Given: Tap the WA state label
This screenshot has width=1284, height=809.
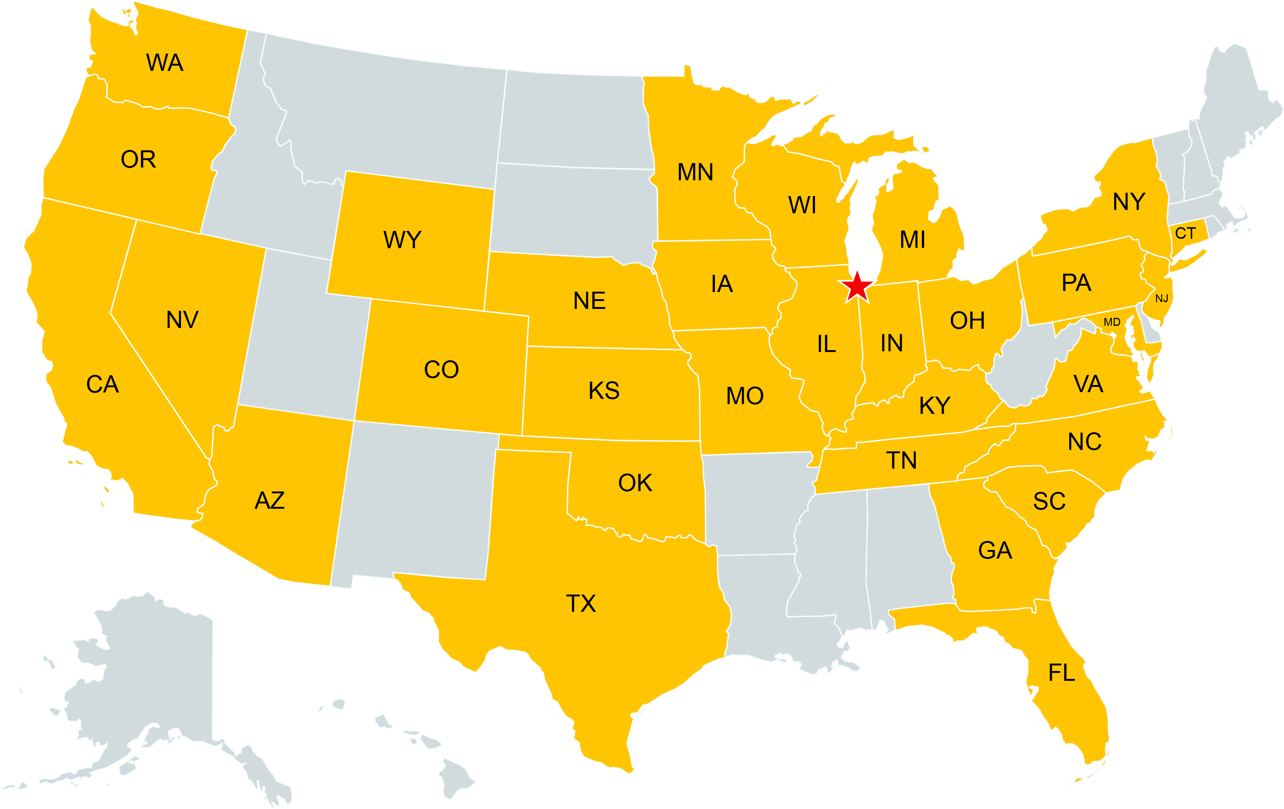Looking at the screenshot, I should (165, 63).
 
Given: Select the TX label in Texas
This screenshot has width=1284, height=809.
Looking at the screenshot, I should (581, 604).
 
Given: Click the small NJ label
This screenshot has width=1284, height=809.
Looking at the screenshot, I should (1161, 299).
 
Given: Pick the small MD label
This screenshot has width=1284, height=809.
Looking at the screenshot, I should (1112, 322).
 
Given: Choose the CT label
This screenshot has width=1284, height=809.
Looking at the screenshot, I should (1185, 233).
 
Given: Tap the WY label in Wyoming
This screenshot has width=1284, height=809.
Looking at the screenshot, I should (403, 240).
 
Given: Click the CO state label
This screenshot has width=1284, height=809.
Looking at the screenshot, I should (441, 370).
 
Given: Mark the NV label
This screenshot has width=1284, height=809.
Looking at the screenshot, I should (182, 320).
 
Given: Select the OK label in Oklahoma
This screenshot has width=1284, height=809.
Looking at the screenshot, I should (635, 483).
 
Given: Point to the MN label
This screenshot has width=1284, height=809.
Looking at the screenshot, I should (695, 172).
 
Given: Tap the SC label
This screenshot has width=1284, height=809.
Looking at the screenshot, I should (1049, 501).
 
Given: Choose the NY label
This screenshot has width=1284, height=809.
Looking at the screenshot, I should (1129, 202).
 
